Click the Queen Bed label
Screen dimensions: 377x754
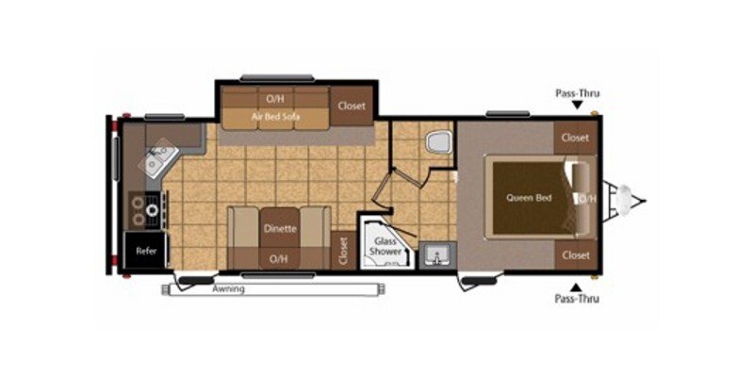529,198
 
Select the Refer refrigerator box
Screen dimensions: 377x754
146,251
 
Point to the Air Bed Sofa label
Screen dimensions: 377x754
275,117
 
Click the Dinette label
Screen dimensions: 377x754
280,228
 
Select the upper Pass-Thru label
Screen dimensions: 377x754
577,93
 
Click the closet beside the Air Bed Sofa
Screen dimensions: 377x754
352,106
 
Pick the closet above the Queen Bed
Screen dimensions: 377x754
574,138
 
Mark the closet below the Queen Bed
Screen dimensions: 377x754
574,255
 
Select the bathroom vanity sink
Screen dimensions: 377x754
435,254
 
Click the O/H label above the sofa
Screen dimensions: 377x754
275,97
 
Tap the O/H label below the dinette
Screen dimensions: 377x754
278,258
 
